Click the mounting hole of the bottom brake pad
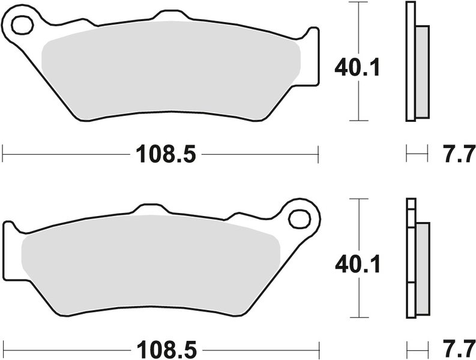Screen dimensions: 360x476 pos(298,219)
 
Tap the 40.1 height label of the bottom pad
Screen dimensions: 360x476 pos(358,264)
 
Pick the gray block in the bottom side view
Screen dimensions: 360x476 pos(422,267)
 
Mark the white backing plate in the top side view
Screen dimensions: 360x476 pos(410,60)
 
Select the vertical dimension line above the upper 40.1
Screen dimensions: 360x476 pos(358,27)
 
